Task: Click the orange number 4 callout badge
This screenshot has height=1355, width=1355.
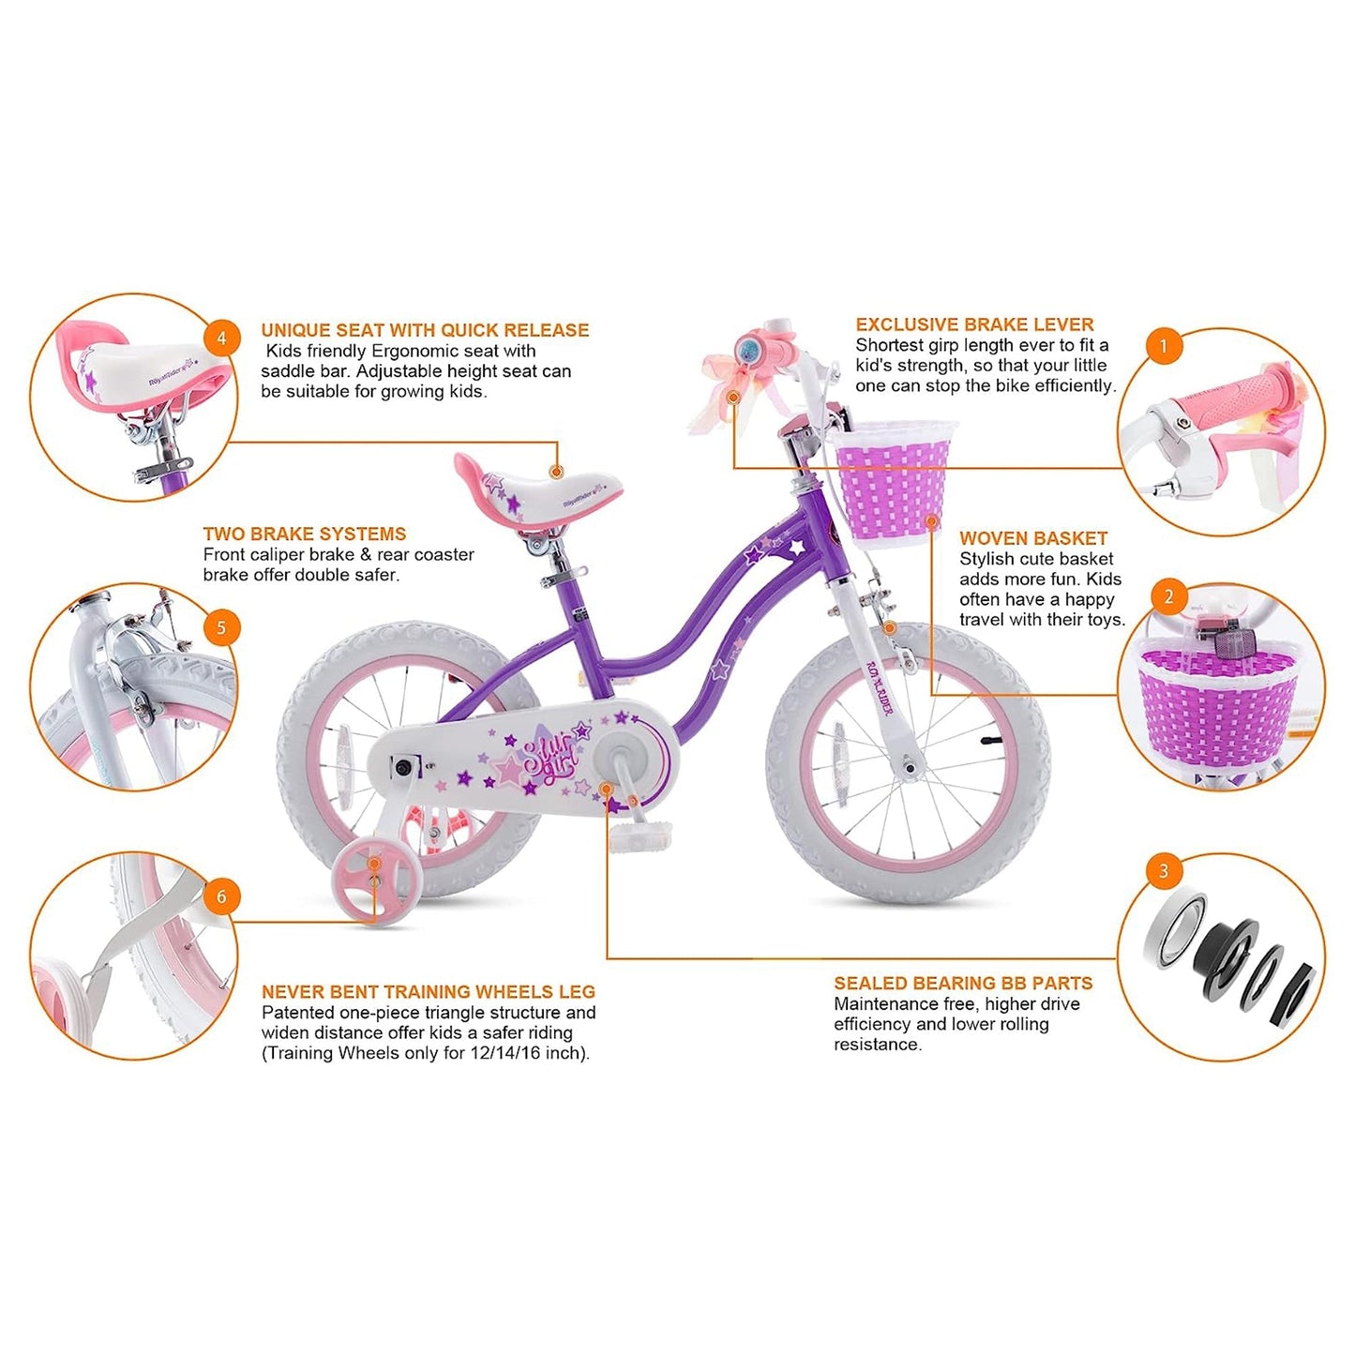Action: (221, 338)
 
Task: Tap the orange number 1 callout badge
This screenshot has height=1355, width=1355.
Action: (1164, 346)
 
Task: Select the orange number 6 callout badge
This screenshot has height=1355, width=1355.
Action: (221, 896)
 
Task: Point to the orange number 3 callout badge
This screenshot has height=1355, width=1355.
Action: (1164, 870)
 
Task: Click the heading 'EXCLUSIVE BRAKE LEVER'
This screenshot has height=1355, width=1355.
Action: (974, 324)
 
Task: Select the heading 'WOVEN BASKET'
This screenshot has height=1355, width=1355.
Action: (1033, 538)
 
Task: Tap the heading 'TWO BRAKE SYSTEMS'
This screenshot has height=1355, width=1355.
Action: (305, 534)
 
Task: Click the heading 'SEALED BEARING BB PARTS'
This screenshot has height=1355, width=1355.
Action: (963, 983)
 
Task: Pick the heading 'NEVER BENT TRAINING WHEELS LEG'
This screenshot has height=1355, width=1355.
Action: (429, 991)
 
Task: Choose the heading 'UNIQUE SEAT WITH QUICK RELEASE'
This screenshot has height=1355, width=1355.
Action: (425, 330)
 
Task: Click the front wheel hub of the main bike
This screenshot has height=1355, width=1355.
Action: (908, 769)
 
